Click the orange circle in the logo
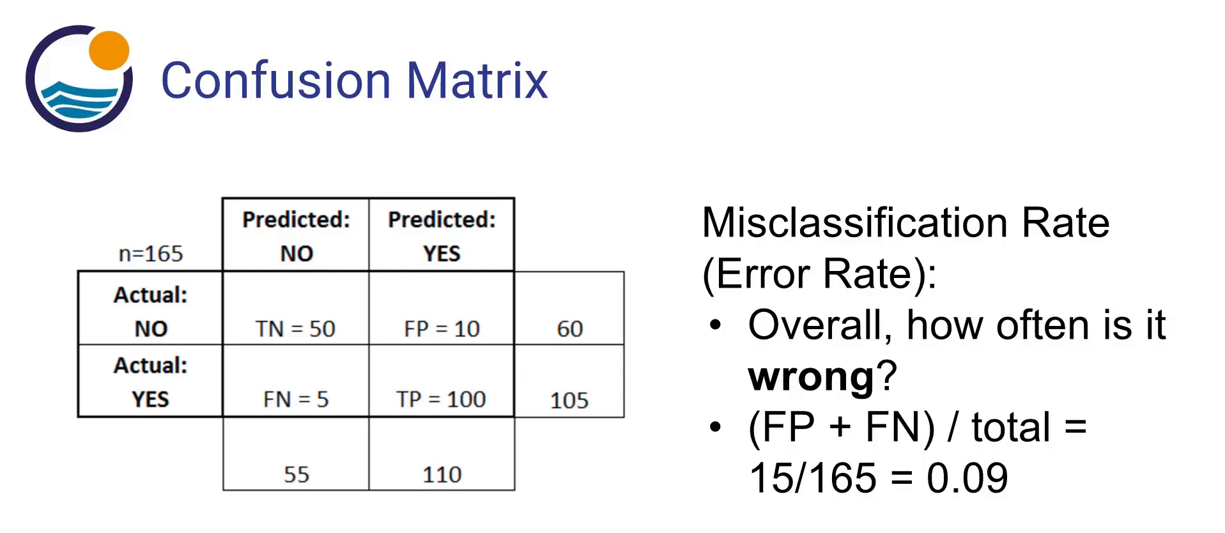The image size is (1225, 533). (109, 50)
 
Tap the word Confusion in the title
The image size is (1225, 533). (275, 81)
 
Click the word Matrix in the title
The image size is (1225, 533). (477, 81)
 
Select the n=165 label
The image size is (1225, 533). (151, 254)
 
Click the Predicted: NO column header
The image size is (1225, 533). (296, 236)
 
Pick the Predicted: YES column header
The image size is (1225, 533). (442, 236)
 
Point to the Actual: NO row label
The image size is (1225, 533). (151, 311)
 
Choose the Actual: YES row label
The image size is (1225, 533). (151, 382)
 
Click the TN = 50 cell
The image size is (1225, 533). (295, 328)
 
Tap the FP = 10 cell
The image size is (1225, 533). (442, 328)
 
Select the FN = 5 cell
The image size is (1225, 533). (295, 399)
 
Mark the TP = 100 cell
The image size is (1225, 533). (441, 399)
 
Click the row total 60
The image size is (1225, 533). (569, 328)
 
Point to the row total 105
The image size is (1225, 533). (569, 401)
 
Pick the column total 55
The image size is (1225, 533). (296, 474)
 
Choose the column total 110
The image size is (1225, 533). (442, 474)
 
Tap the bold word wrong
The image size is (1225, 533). (811, 376)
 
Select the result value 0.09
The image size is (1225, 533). (967, 478)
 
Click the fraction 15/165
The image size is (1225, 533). (813, 478)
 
